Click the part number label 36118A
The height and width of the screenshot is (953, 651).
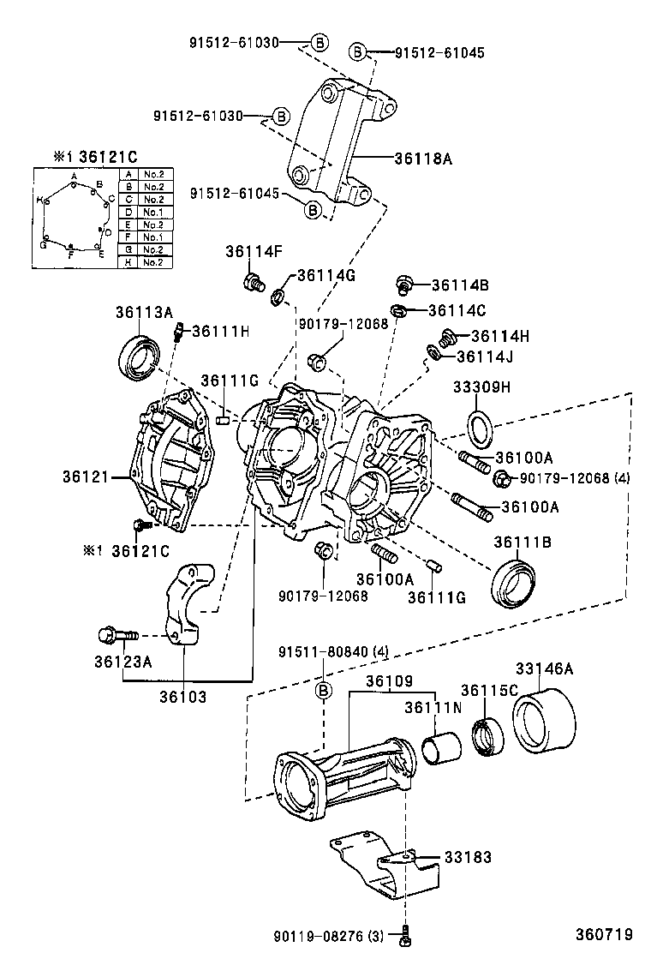pyautogui.click(x=422, y=159)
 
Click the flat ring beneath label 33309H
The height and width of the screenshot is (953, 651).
pyautogui.click(x=480, y=426)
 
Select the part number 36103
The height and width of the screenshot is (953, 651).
pyautogui.click(x=182, y=697)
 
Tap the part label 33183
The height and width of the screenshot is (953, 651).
pyautogui.click(x=468, y=856)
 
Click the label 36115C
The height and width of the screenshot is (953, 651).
pyautogui.click(x=490, y=690)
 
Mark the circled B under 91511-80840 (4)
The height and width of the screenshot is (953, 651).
pyautogui.click(x=325, y=691)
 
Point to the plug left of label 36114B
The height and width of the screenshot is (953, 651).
pyautogui.click(x=403, y=283)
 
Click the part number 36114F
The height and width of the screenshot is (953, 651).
pyautogui.click(x=254, y=251)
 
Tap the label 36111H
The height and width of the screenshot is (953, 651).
pyautogui.click(x=220, y=332)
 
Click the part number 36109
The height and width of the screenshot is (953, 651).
pyautogui.click(x=390, y=681)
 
